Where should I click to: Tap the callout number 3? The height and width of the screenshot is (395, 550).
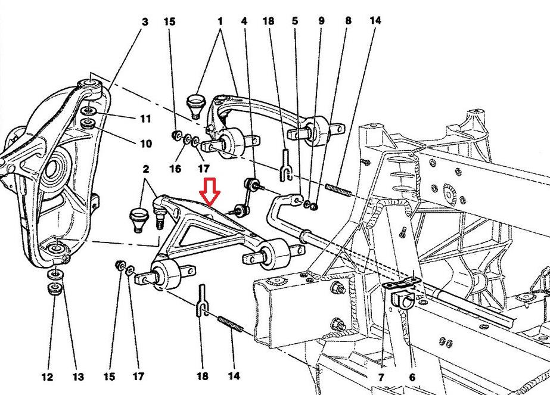[x=145, y=22]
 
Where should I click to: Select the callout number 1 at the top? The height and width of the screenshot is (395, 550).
[x=220, y=22]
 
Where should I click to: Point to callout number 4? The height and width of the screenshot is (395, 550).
[x=244, y=22]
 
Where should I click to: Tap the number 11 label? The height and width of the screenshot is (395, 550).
[x=145, y=119]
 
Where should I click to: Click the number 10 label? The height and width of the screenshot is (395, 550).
[x=145, y=144]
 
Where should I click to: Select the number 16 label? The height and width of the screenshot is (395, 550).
[x=175, y=169]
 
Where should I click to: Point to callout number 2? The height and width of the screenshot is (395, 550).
[x=145, y=169]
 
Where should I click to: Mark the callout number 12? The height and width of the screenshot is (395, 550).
[x=48, y=377]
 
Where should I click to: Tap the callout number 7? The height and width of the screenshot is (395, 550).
[x=381, y=377]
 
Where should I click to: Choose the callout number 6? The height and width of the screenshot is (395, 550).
[x=412, y=377]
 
